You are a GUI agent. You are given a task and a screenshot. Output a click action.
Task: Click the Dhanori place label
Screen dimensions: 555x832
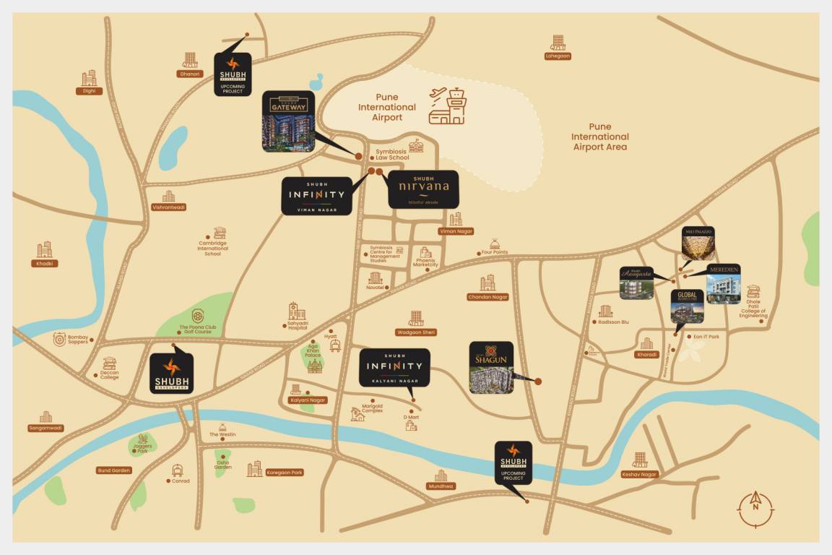pos(189,74)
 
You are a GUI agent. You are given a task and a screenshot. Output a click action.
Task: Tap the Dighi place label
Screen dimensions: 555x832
pos(90,91)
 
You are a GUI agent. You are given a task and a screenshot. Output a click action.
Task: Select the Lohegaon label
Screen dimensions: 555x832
pos(558,56)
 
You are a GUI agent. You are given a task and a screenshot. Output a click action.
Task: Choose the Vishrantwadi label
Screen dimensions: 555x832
pos(168,207)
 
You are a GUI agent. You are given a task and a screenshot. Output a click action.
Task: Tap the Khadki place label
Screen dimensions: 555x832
pos(45,263)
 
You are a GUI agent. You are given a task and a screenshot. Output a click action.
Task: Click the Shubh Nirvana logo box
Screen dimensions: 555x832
pos(423,189)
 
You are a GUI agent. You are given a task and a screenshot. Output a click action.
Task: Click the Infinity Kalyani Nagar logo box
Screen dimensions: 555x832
pos(394,368)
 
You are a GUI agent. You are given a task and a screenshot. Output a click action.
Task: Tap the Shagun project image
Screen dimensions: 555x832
pos(491,367)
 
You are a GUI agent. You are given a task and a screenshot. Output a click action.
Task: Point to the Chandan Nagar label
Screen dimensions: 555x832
pos(488,297)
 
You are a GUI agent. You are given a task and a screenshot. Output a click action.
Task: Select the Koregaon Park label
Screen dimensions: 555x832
pos(285,472)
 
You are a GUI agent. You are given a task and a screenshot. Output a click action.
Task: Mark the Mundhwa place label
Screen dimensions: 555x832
pos(441,486)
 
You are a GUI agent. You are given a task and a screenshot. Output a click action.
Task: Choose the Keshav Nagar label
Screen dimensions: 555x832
pos(639,474)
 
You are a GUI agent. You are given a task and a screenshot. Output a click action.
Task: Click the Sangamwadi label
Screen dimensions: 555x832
pos(46,428)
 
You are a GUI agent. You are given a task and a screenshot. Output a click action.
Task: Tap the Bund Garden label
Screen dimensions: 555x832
pos(114,470)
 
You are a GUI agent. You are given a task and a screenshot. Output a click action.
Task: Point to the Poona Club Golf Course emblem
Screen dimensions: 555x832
pos(196,316)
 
